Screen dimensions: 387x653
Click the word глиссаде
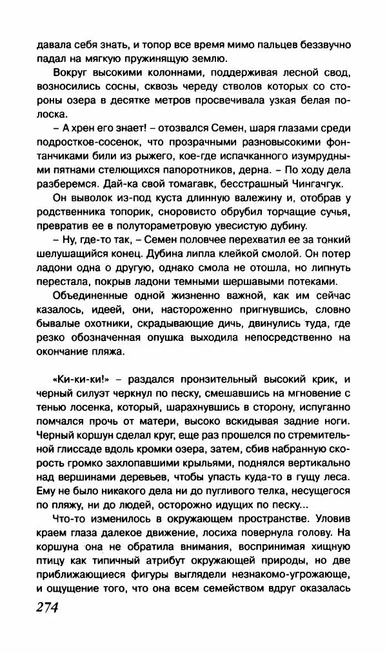71,451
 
